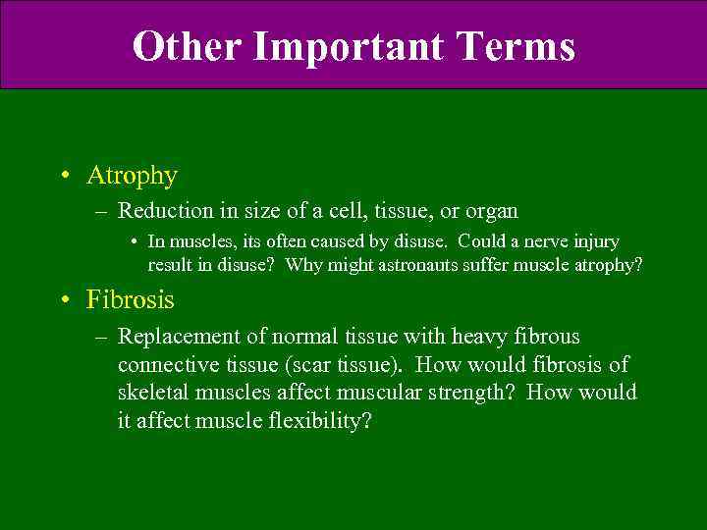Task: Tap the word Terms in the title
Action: click(518, 46)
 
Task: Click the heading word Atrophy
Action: click(132, 177)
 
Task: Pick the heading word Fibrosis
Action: click(130, 298)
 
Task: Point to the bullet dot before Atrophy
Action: click(64, 177)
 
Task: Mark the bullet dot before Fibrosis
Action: click(64, 298)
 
